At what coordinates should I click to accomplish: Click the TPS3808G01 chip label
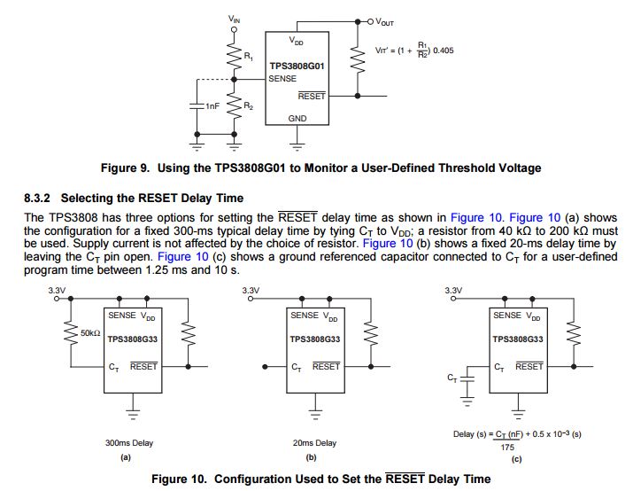297,66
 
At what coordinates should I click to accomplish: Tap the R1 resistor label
249,57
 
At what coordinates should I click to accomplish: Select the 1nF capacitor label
212,106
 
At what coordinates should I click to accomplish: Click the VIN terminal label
233,18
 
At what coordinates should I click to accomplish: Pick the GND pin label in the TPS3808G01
297,118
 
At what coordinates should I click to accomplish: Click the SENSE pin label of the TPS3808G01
282,78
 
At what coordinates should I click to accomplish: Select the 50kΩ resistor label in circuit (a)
90,332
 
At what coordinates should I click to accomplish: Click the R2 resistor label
249,106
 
